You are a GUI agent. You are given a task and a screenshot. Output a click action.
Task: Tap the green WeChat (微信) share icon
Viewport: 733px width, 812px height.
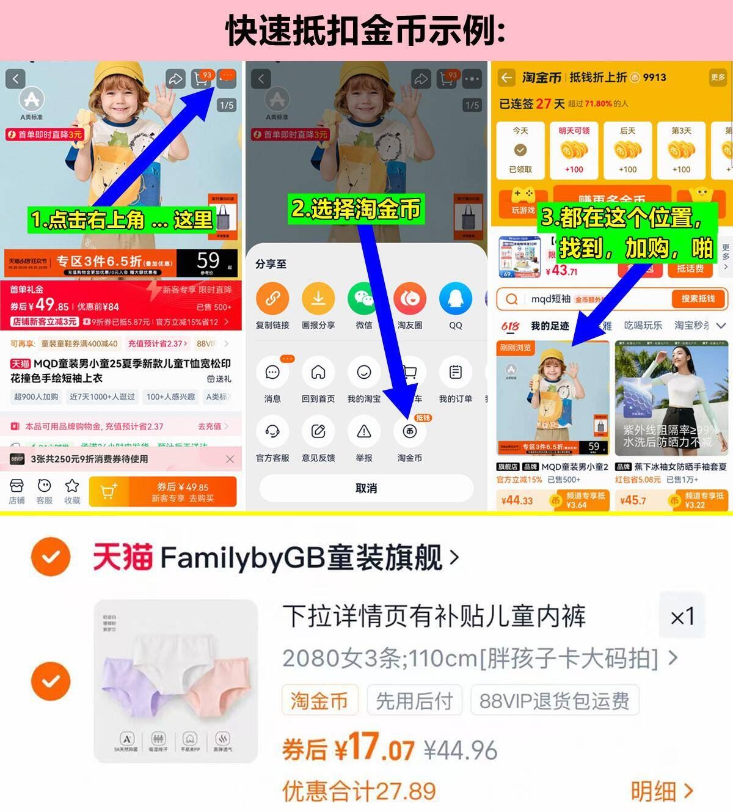(363, 299)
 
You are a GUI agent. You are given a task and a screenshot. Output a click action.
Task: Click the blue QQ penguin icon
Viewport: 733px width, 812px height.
(455, 299)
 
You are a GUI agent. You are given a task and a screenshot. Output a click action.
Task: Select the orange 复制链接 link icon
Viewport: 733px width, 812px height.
(272, 299)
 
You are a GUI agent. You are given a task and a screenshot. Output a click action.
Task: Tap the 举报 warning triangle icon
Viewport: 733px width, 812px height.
(363, 432)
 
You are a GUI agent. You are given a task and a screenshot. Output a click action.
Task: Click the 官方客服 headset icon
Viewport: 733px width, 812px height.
(272, 432)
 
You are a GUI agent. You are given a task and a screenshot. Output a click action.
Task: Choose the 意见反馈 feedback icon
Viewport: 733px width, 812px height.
(318, 432)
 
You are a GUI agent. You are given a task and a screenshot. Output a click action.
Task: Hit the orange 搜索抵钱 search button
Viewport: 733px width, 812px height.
(697, 299)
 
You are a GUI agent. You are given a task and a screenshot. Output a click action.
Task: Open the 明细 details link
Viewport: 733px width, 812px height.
(662, 791)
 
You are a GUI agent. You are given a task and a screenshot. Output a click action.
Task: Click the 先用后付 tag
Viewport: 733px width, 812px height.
(414, 701)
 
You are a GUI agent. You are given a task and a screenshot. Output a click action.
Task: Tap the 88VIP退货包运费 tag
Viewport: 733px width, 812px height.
(554, 701)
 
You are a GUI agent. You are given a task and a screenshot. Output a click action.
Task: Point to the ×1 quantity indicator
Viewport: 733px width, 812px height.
(682, 616)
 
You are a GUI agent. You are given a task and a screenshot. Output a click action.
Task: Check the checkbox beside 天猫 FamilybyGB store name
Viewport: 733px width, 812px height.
(51, 557)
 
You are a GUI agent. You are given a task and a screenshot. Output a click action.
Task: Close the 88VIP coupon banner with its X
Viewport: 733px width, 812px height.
(230, 459)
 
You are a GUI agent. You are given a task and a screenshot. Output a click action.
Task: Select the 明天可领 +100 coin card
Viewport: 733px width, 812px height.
(574, 150)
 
